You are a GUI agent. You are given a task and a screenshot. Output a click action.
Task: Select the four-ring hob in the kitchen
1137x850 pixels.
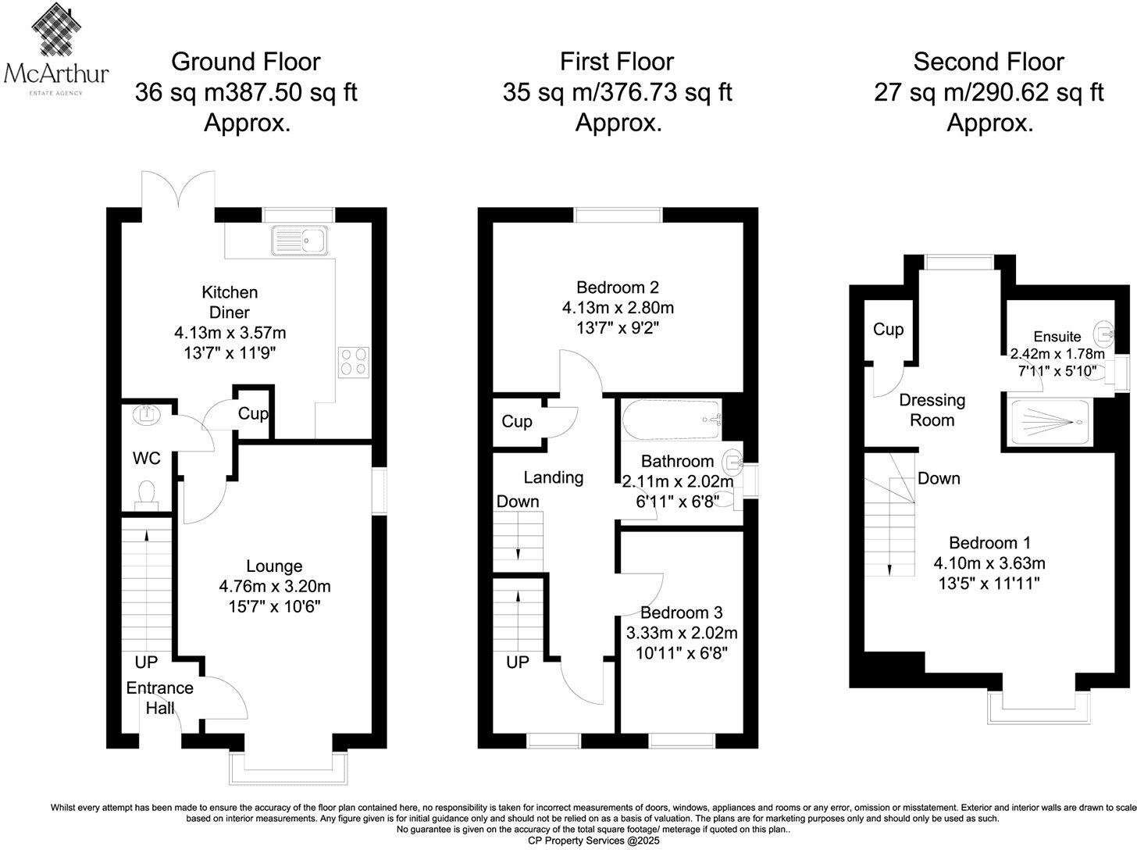354,362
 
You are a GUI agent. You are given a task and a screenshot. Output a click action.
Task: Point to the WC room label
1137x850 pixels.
146,458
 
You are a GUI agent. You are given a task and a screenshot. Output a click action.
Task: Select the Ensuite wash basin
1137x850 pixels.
1105,334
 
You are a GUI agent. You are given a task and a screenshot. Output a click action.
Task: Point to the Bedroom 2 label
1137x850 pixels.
618,287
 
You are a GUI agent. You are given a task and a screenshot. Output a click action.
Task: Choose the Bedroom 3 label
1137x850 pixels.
681,612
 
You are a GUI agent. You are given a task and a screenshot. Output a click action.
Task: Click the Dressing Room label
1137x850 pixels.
932,410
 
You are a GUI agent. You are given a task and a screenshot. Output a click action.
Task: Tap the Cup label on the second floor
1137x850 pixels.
888,329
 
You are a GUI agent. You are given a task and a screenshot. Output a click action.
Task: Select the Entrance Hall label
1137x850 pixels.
159,698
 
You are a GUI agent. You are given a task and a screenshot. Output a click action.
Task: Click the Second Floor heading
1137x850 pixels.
989,62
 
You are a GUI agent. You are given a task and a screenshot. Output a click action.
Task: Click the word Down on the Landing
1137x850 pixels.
518,501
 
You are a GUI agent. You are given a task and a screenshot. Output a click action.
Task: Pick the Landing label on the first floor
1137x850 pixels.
553,477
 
